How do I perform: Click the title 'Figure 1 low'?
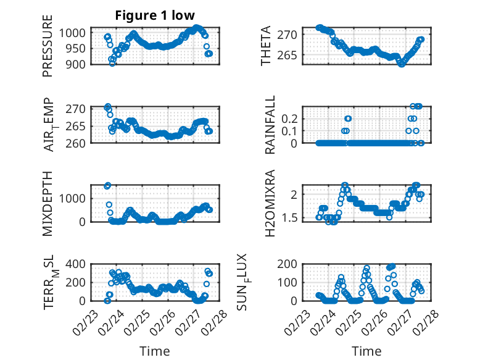click(x=155, y=15)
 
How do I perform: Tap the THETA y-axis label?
click(x=266, y=46)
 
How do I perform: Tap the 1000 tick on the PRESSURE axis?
click(x=75, y=33)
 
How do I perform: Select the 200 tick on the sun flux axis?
click(x=292, y=264)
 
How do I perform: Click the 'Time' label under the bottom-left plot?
click(x=155, y=351)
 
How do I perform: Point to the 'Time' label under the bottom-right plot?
click(x=366, y=351)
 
